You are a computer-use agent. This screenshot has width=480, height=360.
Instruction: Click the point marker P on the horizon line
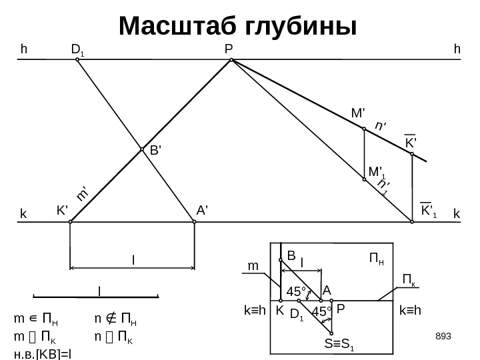[x=231, y=60]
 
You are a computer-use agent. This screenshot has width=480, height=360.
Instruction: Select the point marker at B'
[x=143, y=149]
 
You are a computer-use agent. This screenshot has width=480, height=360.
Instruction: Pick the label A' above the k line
[x=203, y=210]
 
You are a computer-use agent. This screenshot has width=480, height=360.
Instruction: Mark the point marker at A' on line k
[x=193, y=223]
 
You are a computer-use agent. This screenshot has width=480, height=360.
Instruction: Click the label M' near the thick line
[x=358, y=115]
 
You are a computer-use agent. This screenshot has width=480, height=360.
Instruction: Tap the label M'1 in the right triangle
[x=377, y=172]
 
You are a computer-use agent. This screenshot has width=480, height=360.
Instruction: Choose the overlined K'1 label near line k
[x=429, y=211]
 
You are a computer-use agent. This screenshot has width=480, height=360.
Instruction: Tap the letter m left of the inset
[x=253, y=265]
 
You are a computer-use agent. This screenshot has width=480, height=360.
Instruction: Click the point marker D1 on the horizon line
[x=77, y=60]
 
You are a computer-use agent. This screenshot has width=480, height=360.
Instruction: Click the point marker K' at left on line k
[x=70, y=223]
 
